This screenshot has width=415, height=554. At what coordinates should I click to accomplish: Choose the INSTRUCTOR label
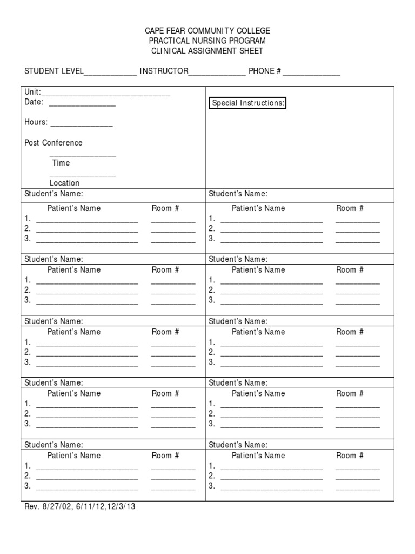164,71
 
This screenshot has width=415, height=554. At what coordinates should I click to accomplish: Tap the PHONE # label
265,71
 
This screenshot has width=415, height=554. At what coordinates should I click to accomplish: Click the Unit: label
32,93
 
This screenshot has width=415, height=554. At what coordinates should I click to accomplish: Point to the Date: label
34,102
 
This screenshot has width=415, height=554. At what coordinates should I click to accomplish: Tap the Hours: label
36,122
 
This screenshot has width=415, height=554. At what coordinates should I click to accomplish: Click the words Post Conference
53,143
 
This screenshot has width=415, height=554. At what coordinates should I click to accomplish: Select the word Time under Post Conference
61,163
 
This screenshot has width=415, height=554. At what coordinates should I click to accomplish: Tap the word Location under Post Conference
64,183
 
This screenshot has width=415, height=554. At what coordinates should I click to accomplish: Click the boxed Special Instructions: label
248,103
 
